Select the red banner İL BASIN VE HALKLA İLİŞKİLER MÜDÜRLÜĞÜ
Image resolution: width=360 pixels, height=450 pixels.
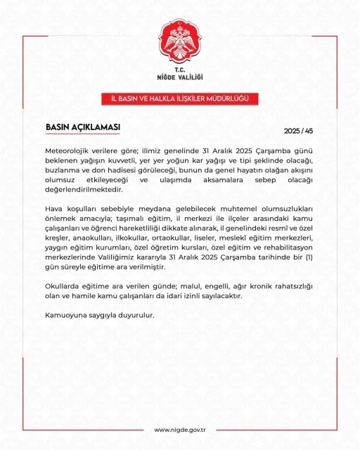179,98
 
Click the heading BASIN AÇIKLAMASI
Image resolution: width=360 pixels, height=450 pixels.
82,127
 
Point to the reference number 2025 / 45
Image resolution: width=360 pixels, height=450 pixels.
297,131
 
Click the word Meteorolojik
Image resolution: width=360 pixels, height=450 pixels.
72,151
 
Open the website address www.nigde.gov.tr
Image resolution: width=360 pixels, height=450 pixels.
179,430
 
